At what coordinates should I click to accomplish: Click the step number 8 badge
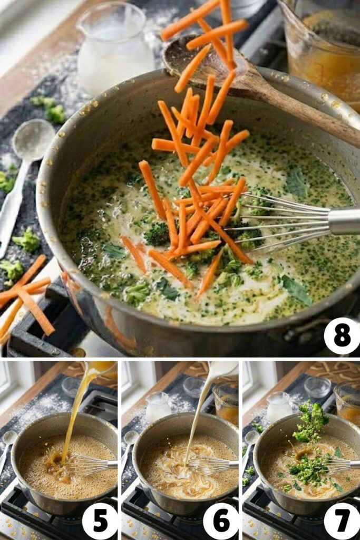[342, 336]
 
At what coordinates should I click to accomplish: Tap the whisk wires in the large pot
[279, 216]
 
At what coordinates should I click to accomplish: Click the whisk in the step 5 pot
[87, 465]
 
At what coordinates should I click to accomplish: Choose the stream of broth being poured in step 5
[74, 417]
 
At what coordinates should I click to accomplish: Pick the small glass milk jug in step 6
[158, 407]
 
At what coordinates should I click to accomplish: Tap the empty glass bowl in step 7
[317, 387]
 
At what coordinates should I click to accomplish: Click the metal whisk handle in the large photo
[345, 221]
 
